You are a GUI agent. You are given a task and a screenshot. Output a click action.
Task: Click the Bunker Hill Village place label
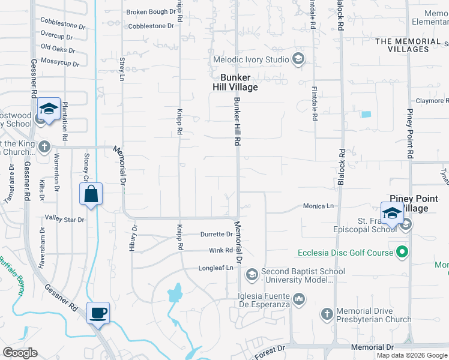(239, 82)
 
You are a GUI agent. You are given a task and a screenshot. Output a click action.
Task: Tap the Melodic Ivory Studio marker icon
(298, 59)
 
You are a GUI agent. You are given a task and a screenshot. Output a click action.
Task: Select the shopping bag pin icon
(91, 194)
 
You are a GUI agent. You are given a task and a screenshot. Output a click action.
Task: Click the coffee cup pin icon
(98, 312)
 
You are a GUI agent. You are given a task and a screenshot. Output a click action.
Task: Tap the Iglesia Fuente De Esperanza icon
(299, 298)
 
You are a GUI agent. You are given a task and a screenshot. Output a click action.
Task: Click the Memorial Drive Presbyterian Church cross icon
(327, 314)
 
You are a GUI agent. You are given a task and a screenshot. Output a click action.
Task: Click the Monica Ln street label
(318, 206)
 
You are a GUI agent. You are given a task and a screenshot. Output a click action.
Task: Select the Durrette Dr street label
(216, 235)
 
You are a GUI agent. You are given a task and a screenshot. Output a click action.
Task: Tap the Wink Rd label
(221, 251)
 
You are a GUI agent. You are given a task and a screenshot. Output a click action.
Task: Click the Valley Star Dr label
(64, 220)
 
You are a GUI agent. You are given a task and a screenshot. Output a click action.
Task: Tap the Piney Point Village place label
(418, 203)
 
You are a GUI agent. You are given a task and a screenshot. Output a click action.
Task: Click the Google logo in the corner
(20, 353)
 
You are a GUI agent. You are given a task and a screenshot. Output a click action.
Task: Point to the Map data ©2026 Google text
(412, 355)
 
